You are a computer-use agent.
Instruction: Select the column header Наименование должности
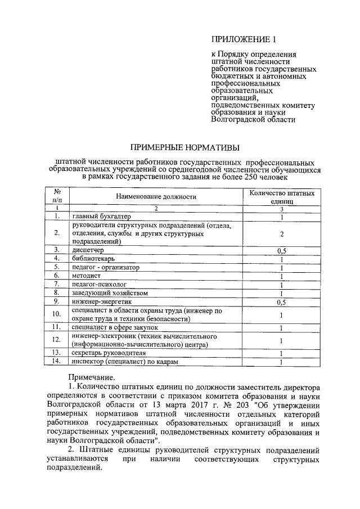coord(156,197)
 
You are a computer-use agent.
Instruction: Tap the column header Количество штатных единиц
coord(281,197)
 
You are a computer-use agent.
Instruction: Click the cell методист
coord(86,276)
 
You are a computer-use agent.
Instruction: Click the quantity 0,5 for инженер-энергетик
coord(281,302)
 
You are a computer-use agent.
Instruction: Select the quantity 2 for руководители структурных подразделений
coord(281,233)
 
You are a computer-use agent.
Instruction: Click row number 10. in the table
coord(56,314)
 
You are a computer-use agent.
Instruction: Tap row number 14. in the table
coord(56,362)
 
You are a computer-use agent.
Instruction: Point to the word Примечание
coord(92,377)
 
